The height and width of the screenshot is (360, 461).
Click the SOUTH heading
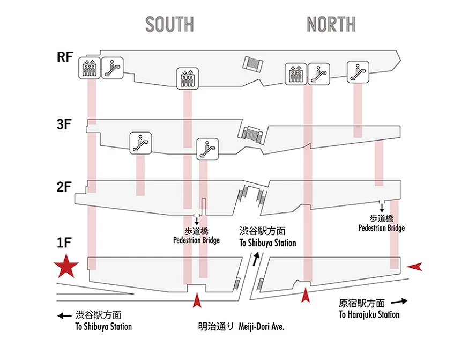169,24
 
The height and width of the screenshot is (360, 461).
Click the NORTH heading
331,24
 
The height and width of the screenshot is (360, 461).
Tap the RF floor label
65,58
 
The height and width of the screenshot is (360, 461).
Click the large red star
66,267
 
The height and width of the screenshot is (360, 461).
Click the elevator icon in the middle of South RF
188,78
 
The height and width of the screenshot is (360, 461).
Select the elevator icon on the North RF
296,74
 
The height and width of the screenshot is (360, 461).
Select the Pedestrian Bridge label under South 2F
196,236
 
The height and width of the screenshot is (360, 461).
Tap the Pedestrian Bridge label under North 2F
381,223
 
